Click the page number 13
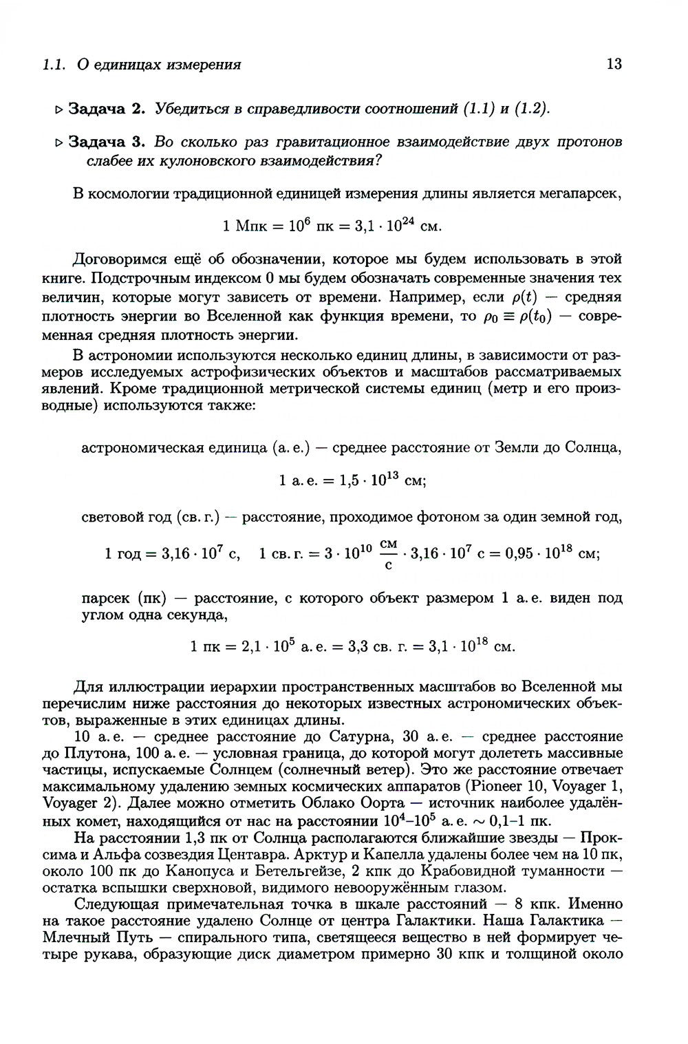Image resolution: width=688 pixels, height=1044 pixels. coord(614,65)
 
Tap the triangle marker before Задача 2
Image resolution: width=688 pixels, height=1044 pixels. coord(59,109)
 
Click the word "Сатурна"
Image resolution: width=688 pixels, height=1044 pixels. coord(355,736)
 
